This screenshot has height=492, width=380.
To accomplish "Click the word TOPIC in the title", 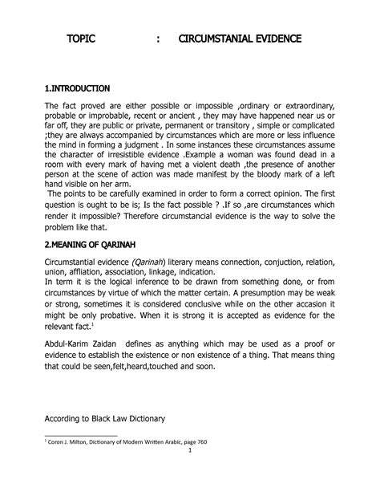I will pos(83,38).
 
